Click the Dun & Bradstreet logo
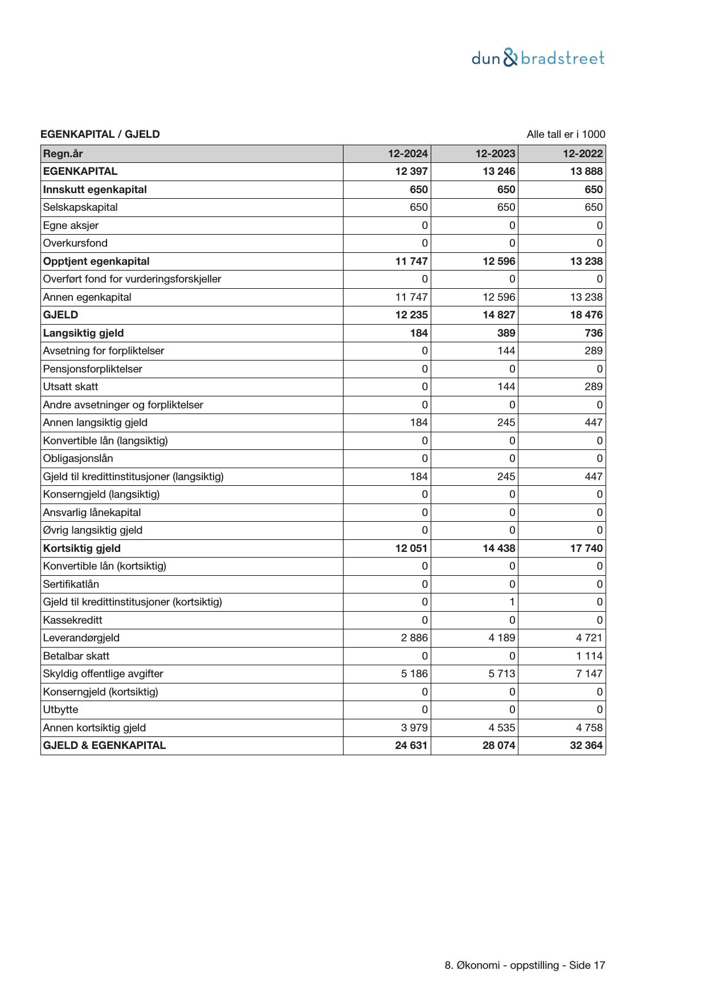click(538, 58)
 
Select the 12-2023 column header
click(496, 154)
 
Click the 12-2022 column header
click(583, 154)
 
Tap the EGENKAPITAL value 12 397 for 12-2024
click(411, 171)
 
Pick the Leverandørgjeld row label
click(81, 638)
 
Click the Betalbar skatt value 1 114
click(589, 656)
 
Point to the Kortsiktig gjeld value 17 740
click(586, 548)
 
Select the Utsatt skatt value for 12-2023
click(506, 387)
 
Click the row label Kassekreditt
click(72, 620)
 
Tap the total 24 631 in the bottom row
click(411, 746)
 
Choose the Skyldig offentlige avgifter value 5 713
click(501, 674)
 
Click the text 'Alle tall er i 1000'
click(566, 134)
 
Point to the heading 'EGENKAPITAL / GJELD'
click(100, 134)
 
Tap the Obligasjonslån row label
click(77, 458)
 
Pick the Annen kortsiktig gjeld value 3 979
click(414, 728)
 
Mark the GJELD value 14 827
click(499, 315)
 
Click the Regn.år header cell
click(63, 154)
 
